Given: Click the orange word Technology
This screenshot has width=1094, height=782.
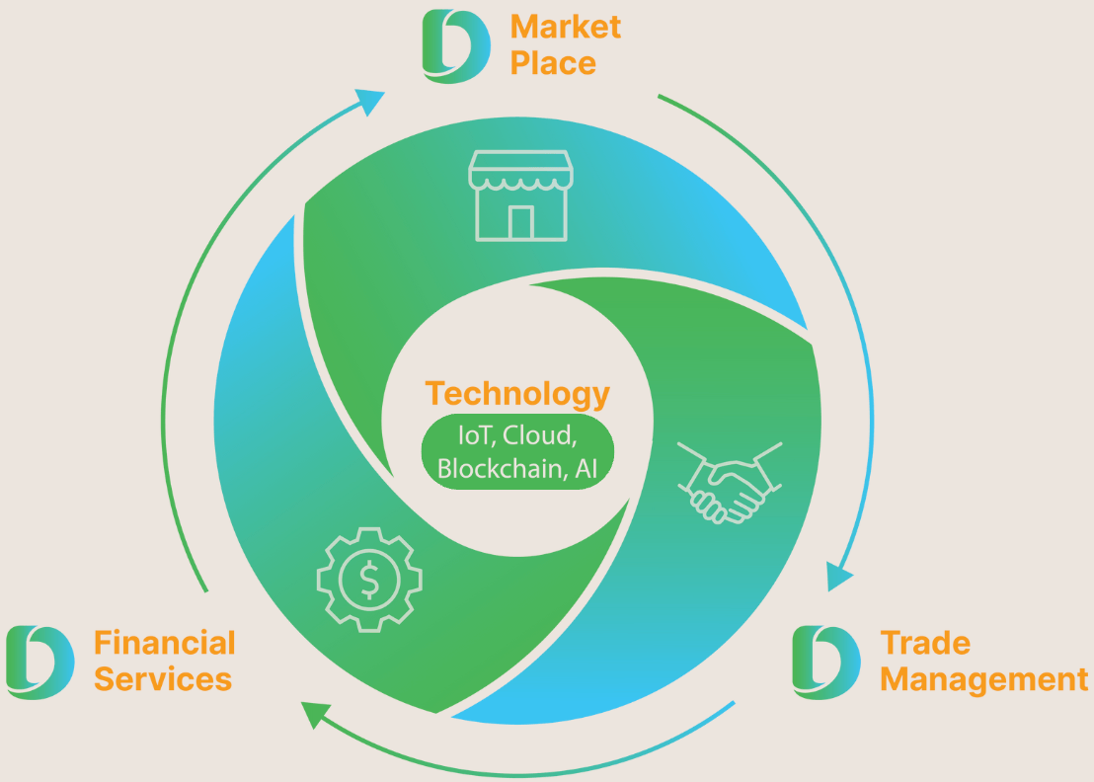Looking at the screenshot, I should click(x=517, y=393).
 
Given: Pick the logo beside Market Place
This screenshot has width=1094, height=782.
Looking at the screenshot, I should click(x=455, y=45).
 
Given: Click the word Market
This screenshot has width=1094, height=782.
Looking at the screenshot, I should click(x=565, y=27).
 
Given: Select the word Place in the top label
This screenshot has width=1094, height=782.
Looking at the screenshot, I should click(x=553, y=63).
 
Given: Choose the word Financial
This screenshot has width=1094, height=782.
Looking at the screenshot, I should click(x=165, y=643).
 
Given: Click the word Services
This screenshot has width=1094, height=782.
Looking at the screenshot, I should click(x=163, y=679).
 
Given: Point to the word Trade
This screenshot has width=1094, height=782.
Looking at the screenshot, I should click(x=925, y=643).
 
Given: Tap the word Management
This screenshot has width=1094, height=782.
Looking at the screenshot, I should click(x=984, y=679).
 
